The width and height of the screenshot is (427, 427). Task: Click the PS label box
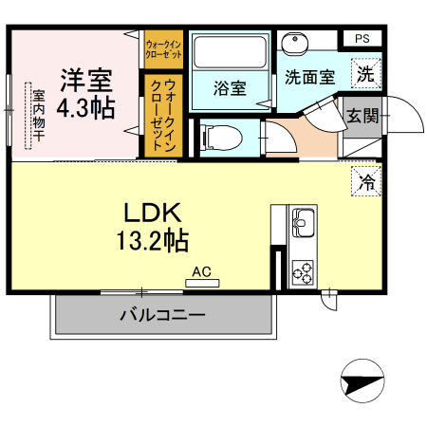[362, 38]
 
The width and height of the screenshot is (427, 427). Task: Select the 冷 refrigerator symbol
[365, 181]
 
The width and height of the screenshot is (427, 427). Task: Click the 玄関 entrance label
[362, 116]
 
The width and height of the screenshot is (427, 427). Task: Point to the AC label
[201, 271]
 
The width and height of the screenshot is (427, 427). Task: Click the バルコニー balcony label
[161, 315]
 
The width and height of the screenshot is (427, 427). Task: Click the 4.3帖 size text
[85, 107]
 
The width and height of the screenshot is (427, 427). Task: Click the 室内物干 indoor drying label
[39, 115]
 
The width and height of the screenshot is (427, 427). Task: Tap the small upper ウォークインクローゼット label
[163, 48]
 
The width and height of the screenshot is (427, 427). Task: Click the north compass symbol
[363, 384]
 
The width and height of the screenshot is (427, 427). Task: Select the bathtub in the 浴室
[229, 51]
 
